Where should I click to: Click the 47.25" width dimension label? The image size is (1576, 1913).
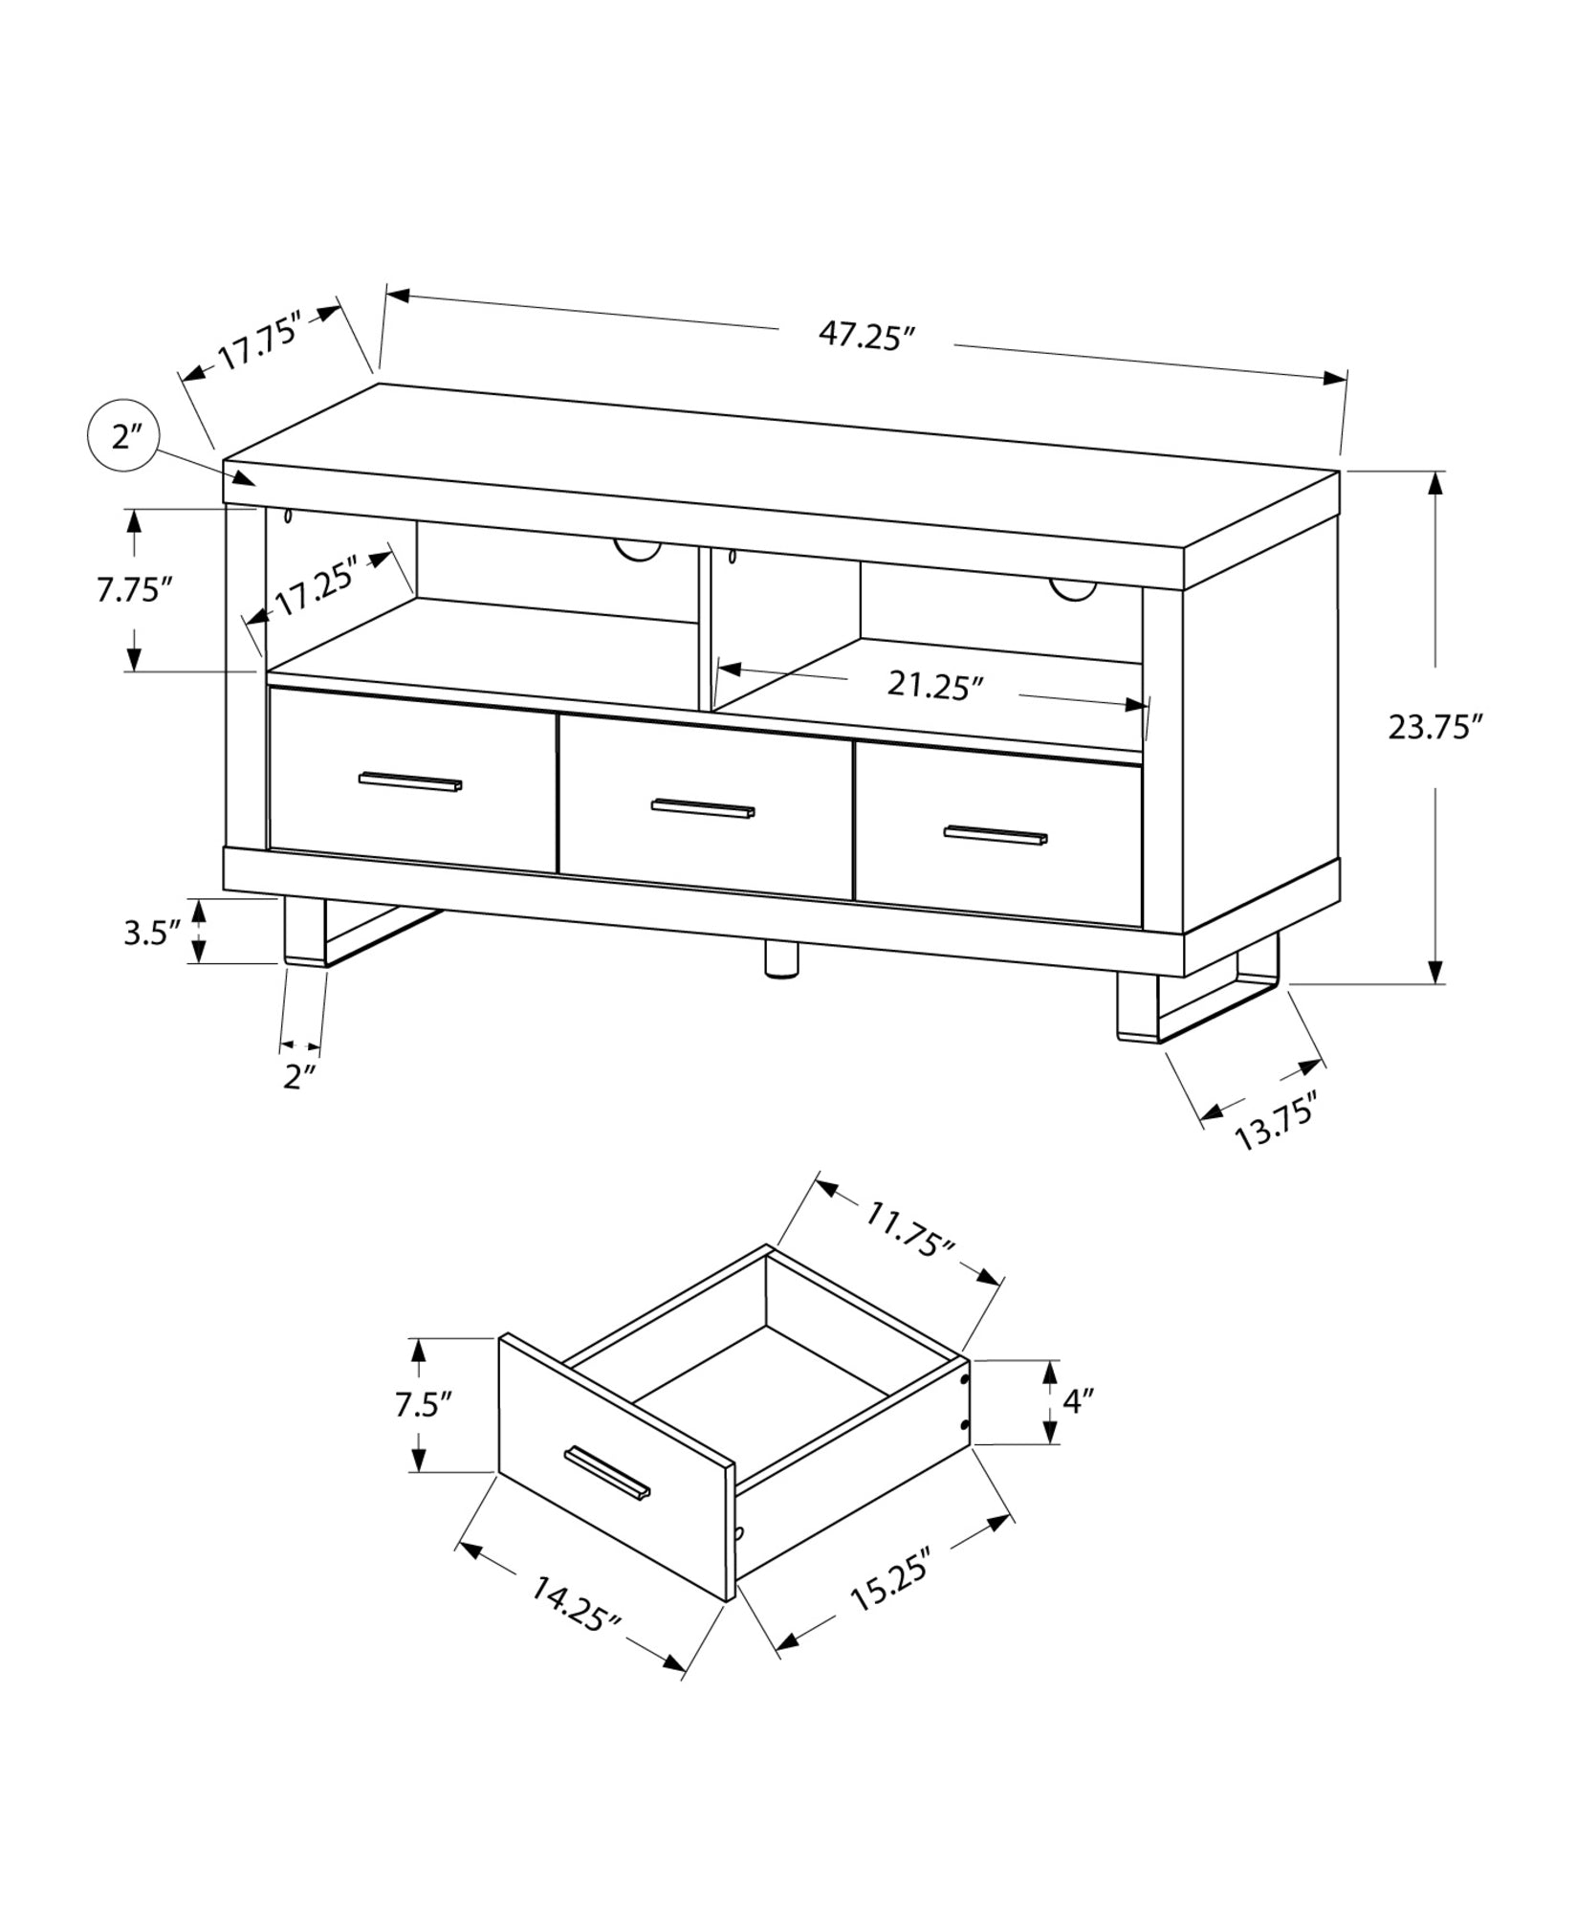click(866, 336)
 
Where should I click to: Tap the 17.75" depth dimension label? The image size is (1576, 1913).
click(259, 341)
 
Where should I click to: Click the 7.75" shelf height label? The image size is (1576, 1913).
click(133, 589)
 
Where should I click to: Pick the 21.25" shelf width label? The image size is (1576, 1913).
click(934, 685)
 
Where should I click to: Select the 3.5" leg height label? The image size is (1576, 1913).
click(152, 933)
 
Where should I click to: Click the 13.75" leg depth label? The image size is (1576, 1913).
click(1276, 1124)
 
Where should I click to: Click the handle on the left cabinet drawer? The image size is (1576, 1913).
click(410, 781)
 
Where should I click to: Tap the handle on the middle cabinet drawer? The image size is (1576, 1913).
click(703, 808)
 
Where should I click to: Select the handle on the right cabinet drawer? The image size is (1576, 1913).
click(996, 835)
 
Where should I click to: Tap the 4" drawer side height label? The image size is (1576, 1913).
click(1078, 1402)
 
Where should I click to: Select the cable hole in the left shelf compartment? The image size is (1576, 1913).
click(637, 550)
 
